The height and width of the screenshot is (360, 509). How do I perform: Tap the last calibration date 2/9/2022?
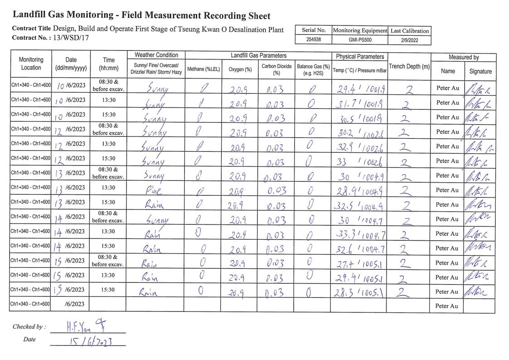[409, 39]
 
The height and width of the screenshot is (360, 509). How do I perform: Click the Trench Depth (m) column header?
[409, 67]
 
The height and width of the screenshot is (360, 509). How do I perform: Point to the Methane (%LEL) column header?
[203, 69]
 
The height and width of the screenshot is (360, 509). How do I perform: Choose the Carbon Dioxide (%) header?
[276, 69]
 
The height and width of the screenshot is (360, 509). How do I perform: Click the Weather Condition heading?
[156, 55]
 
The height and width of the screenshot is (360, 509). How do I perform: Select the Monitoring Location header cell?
[31, 64]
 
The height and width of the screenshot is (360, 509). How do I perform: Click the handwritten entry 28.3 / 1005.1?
[359, 292]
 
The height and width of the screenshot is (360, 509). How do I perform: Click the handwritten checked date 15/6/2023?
[89, 341]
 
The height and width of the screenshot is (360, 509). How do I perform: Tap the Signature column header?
[480, 71]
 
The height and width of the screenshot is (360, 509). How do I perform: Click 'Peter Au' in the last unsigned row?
[447, 306]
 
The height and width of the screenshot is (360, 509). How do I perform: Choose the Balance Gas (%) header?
[313, 69]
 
